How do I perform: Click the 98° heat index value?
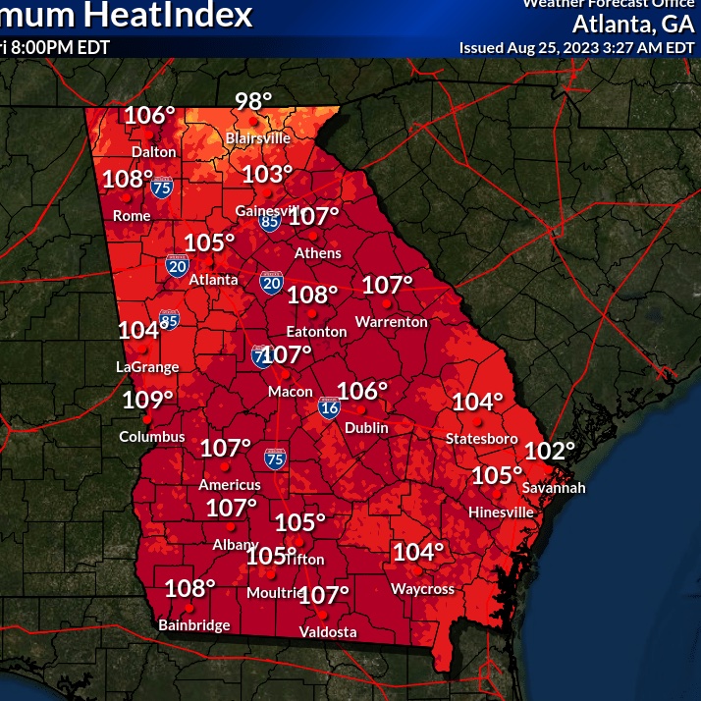click(x=253, y=102)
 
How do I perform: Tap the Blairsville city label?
click(x=258, y=138)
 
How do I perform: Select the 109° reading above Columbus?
click(x=148, y=400)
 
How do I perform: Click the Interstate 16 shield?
click(x=329, y=408)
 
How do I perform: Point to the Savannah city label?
click(x=554, y=488)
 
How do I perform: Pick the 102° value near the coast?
click(x=550, y=451)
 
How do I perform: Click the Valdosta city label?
click(x=328, y=632)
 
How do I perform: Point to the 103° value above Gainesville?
click(x=267, y=175)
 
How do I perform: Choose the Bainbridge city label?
click(x=194, y=625)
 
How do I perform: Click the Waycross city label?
click(x=423, y=589)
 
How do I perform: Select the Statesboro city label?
click(x=481, y=438)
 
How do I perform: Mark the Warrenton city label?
click(x=391, y=322)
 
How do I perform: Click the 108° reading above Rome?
click(x=129, y=180)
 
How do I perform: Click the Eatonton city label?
click(x=316, y=332)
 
